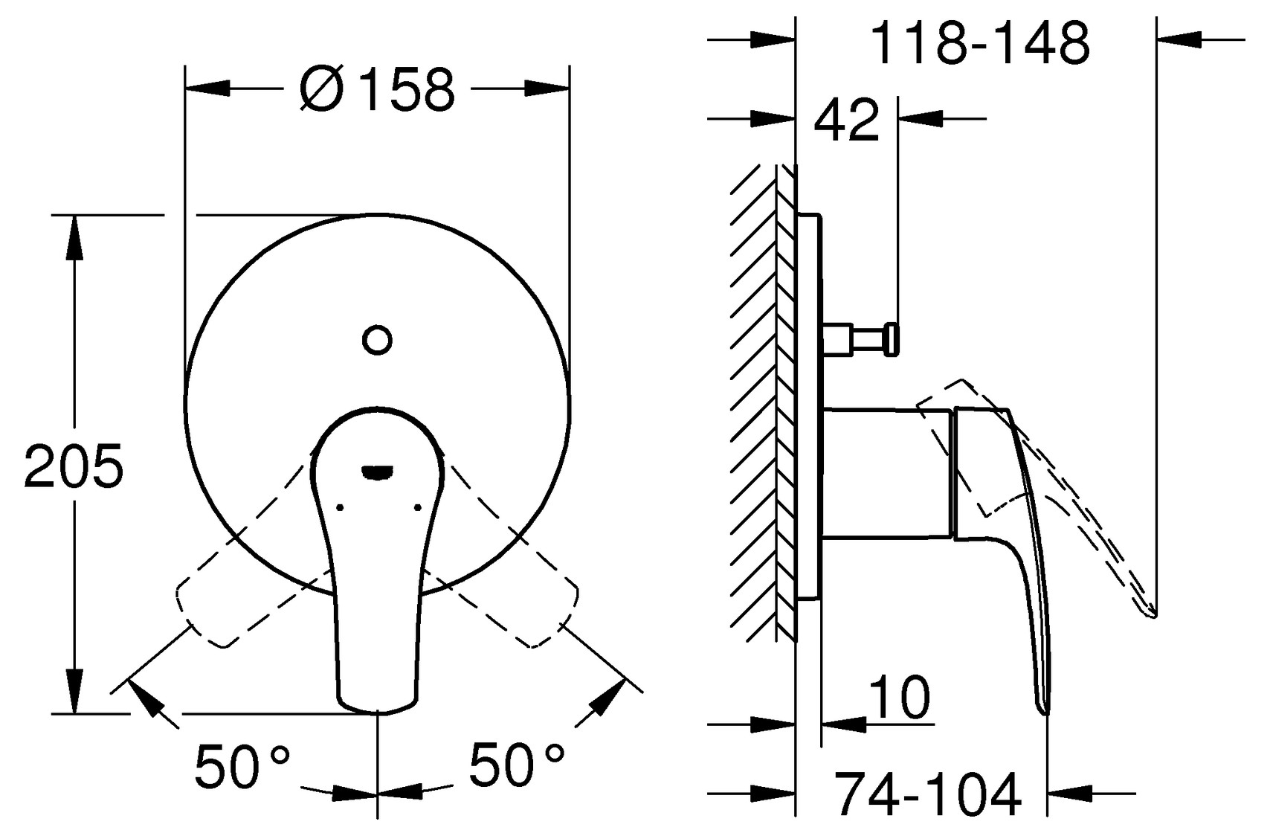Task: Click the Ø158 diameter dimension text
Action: click(x=376, y=90)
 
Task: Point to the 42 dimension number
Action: click(x=846, y=120)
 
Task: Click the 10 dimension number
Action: click(x=899, y=698)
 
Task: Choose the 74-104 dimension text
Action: click(x=926, y=795)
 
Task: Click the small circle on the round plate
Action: click(x=377, y=340)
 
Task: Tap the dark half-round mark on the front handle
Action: click(x=378, y=471)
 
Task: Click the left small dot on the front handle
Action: click(x=340, y=508)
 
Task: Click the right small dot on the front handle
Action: click(x=417, y=508)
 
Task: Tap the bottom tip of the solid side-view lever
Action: click(x=1045, y=710)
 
